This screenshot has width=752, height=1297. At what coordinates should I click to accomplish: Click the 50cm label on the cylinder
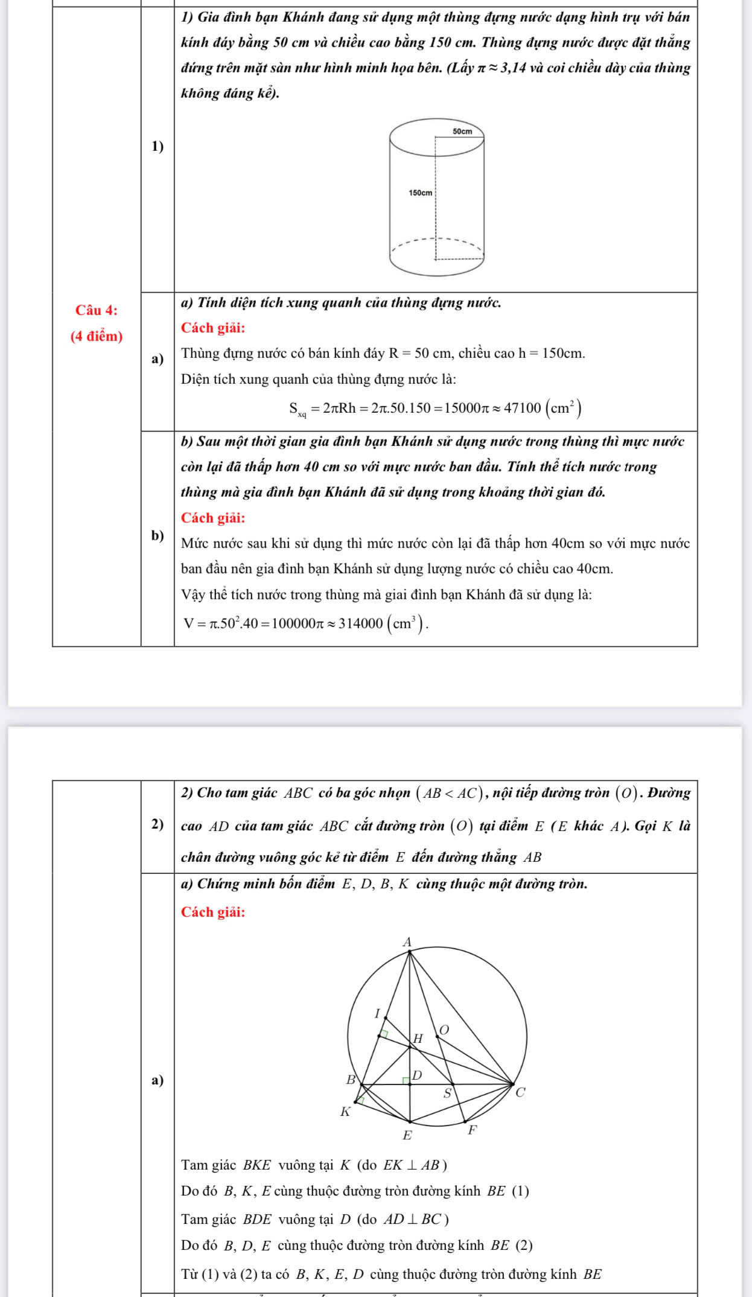pyautogui.click(x=462, y=131)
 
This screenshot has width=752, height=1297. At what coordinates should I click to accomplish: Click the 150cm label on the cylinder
pyautogui.click(x=420, y=193)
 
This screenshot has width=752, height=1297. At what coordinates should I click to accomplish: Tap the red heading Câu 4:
pyautogui.click(x=97, y=310)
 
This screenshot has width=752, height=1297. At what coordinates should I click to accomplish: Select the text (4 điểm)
pyautogui.click(x=97, y=336)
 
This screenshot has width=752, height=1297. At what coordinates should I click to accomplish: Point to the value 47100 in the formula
pyautogui.click(x=523, y=409)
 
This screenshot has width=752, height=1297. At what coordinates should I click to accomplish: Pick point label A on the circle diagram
pyautogui.click(x=407, y=942)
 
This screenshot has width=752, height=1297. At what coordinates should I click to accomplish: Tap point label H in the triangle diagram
pyautogui.click(x=418, y=1039)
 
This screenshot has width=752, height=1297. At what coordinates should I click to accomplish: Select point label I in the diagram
pyautogui.click(x=378, y=1013)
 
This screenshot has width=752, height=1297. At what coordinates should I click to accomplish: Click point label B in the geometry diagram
pyautogui.click(x=351, y=1080)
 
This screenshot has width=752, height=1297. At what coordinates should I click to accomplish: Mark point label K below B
pyautogui.click(x=345, y=1111)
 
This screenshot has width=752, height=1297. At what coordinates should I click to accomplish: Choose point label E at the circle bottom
pyautogui.click(x=407, y=1135)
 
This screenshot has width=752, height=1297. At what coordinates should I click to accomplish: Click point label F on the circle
pyautogui.click(x=473, y=1130)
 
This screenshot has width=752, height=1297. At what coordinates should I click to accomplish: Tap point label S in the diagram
pyautogui.click(x=447, y=1093)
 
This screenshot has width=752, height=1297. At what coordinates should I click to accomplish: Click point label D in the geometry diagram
pyautogui.click(x=417, y=1075)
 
